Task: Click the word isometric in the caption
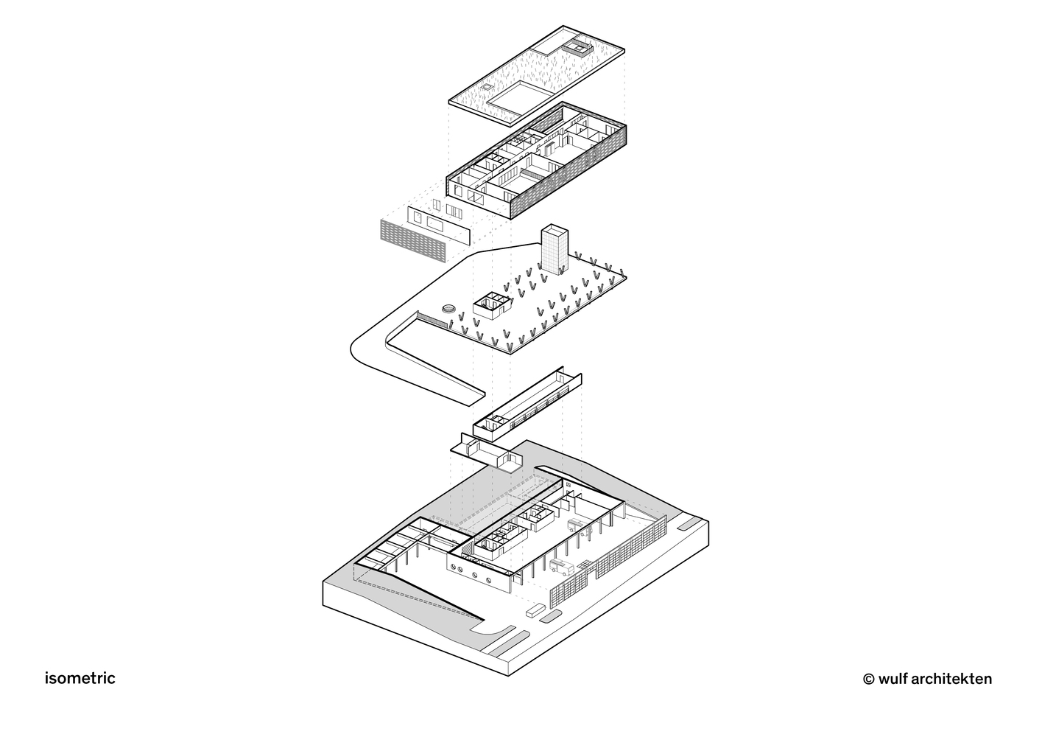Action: (x=80, y=678)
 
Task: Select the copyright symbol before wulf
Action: (x=868, y=680)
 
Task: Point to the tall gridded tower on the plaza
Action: (x=555, y=250)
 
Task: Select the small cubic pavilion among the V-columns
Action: (x=493, y=305)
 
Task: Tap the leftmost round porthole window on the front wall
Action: (x=453, y=567)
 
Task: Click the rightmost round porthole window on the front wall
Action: (x=489, y=580)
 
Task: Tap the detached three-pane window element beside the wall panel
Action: (x=454, y=212)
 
